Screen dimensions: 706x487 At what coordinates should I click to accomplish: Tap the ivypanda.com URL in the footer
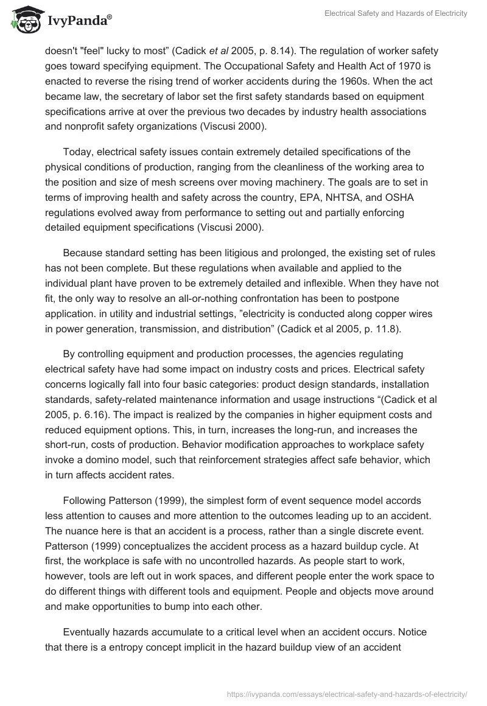tap(345, 693)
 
